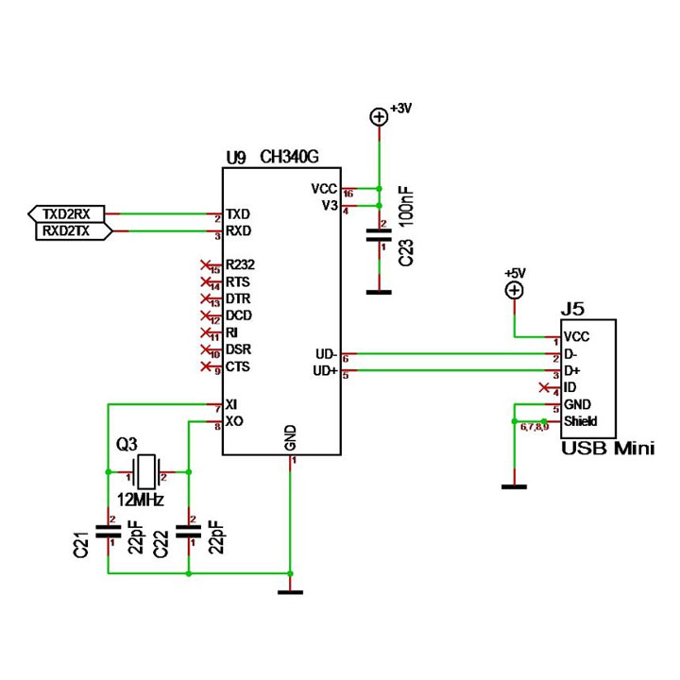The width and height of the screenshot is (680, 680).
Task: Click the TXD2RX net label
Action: click(66, 212)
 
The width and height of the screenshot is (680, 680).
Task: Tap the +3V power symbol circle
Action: click(379, 116)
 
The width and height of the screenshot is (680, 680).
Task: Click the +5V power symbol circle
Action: click(514, 291)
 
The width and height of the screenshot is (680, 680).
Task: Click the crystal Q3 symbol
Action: click(145, 469)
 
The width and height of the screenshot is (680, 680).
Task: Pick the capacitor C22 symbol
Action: click(190, 531)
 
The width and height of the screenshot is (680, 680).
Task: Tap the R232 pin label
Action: click(240, 265)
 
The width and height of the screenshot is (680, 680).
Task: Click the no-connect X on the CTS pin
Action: click(206, 366)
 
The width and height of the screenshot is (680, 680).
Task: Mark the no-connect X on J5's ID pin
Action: click(543, 388)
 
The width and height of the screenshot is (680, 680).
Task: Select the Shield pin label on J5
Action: click(581, 421)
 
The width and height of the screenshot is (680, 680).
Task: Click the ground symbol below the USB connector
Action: click(514, 486)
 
